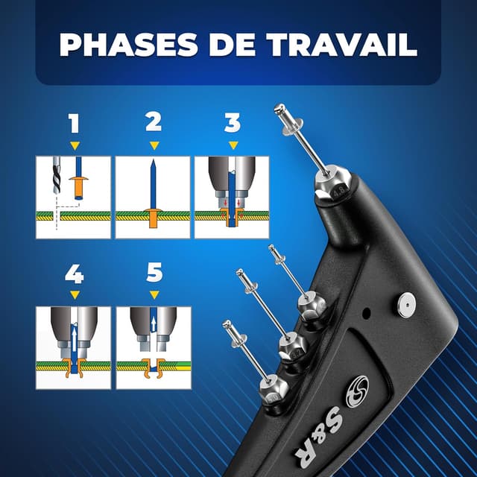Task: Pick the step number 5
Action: click(x=154, y=274)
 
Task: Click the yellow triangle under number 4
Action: click(x=74, y=295)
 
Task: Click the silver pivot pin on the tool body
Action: click(x=406, y=303)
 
